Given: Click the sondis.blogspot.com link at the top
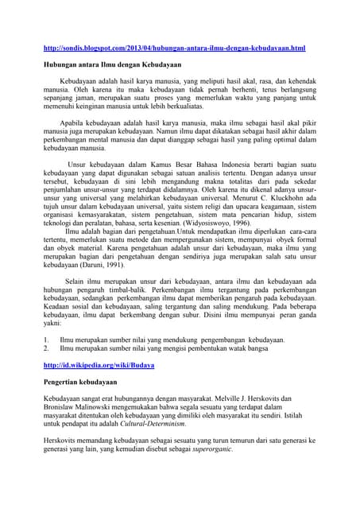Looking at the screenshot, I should click(173, 49).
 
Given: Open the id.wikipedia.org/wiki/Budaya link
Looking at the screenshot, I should click(98, 364).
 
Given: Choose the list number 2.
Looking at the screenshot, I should click(45, 348).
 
